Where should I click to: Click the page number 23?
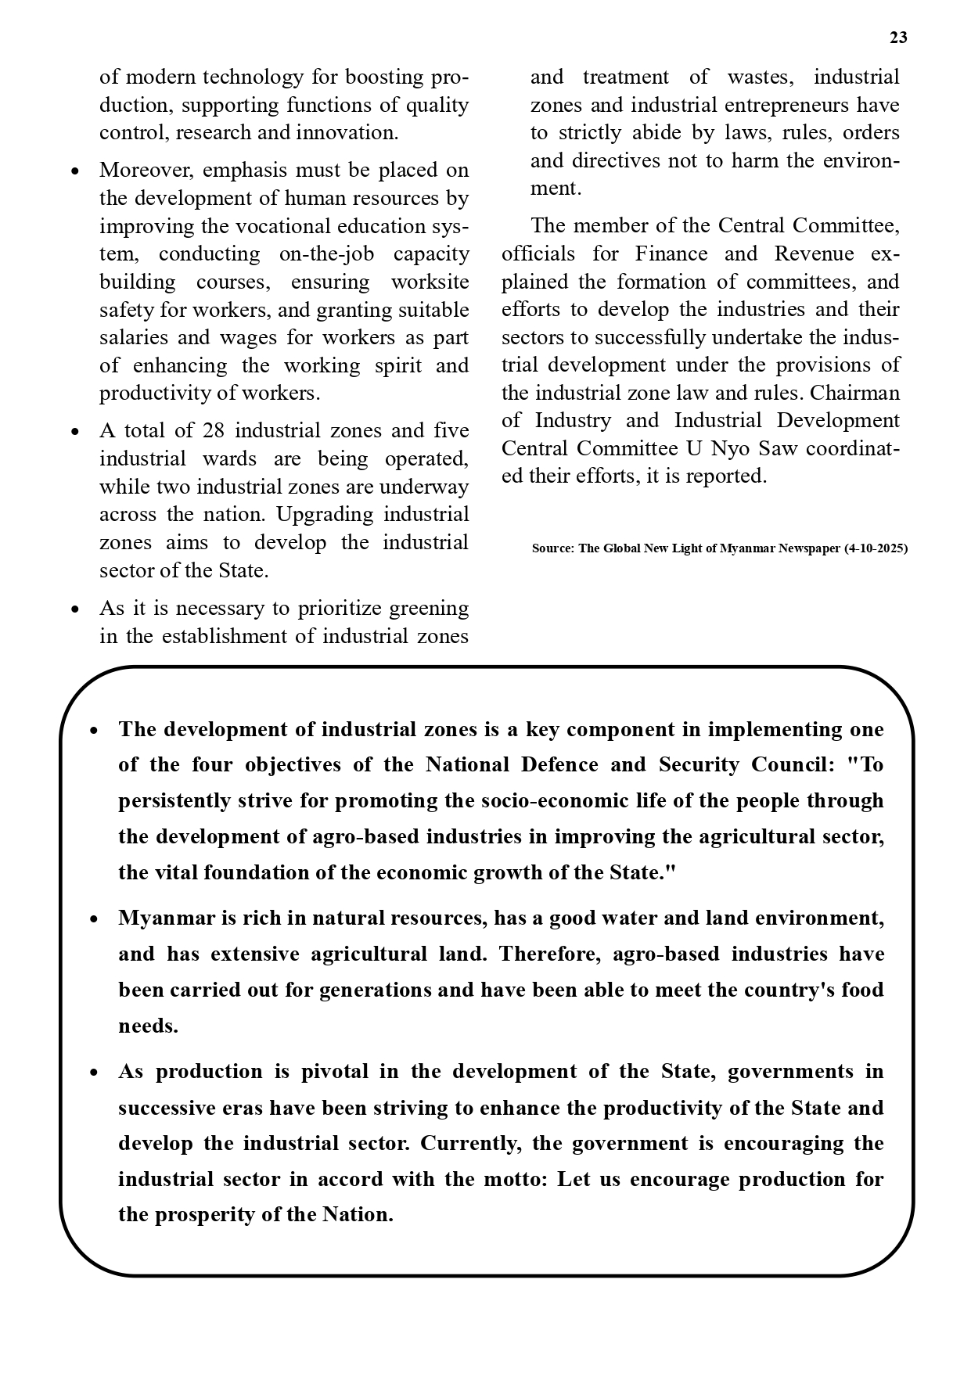(x=898, y=38)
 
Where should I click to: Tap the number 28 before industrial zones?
(x=213, y=431)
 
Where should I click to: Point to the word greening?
(x=429, y=609)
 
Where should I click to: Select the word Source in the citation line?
(x=552, y=548)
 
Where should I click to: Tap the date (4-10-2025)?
(x=876, y=548)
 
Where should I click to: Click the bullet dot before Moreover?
(x=75, y=171)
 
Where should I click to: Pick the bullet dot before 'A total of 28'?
(x=75, y=432)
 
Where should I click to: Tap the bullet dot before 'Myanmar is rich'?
(x=94, y=919)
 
